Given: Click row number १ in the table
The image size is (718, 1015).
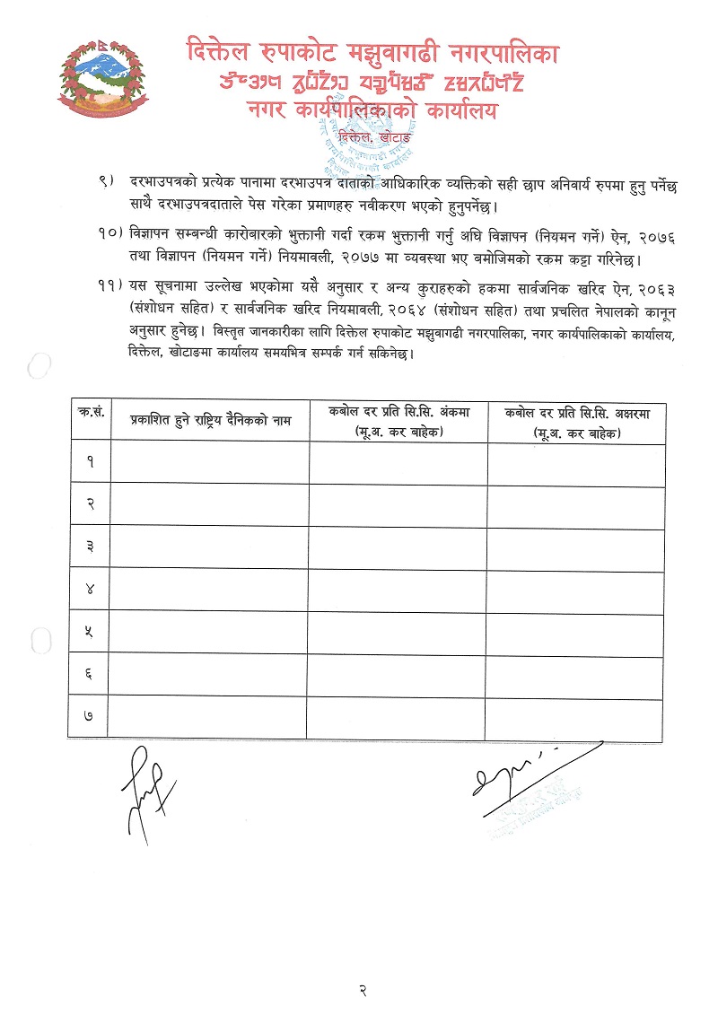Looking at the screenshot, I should (x=90, y=461).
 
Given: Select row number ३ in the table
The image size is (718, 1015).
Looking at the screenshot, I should (x=90, y=547).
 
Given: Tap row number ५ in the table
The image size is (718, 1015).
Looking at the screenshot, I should (x=90, y=632).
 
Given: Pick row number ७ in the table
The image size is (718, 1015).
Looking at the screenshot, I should (x=90, y=716).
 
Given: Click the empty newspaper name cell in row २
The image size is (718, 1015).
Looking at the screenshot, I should (x=210, y=504).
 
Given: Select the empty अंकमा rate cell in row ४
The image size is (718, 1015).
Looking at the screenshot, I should (x=398, y=590).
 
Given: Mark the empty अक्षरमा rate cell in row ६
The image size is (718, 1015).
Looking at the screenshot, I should (x=576, y=674).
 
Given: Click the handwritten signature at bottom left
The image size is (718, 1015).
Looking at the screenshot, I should (x=144, y=786).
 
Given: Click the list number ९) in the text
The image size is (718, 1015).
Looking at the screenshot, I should (x=107, y=184).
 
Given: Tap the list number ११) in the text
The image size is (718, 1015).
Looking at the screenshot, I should (x=109, y=285).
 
